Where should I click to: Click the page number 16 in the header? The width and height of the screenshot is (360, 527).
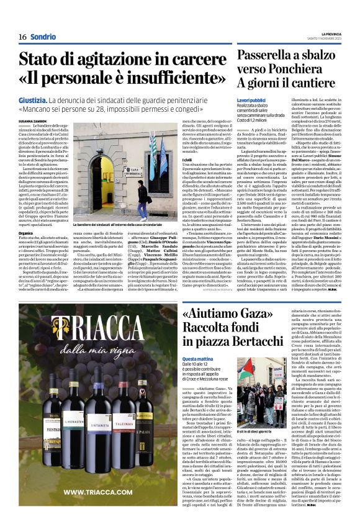click(14, 37)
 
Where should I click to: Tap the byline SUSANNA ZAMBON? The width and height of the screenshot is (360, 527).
click(32, 120)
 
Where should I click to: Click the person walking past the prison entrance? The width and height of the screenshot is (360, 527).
click(143, 200)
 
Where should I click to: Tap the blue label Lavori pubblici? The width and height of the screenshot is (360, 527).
click(252, 100)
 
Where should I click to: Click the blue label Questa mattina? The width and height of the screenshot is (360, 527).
click(197, 359)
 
